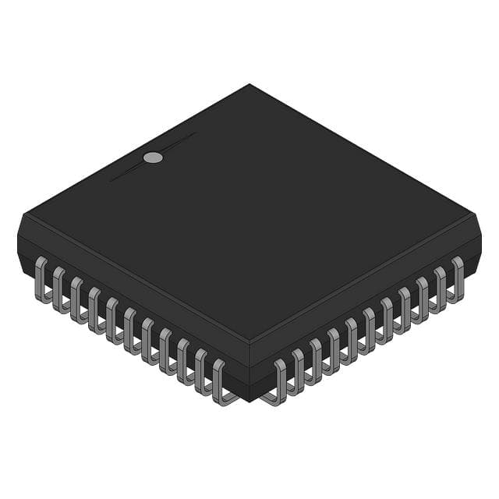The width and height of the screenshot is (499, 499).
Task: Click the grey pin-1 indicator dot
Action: [x=153, y=157]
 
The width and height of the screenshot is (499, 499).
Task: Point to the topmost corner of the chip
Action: [x=249, y=84]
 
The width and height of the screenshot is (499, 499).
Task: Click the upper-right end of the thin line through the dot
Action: [x=196, y=133]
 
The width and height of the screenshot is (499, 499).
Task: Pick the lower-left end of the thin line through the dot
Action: [x=110, y=182]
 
